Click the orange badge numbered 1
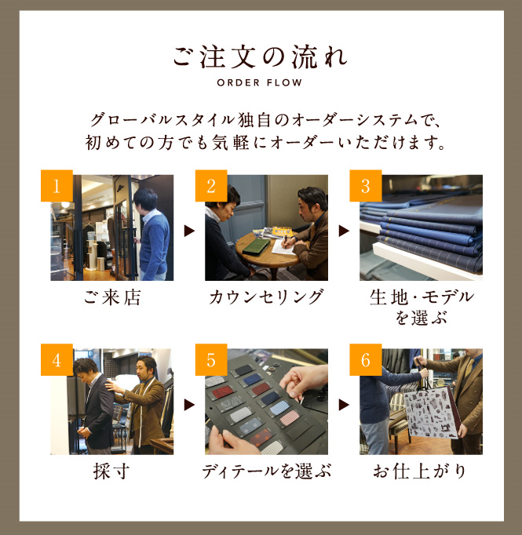click(x=57, y=186)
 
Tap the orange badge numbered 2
click(x=211, y=186)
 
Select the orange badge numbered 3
click(x=365, y=186)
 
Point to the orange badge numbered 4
click(x=57, y=359)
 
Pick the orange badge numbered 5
click(x=211, y=359)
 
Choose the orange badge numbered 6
click(x=365, y=359)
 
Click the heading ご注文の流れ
click(x=260, y=57)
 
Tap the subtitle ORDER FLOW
click(x=260, y=82)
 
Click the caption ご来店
click(x=112, y=297)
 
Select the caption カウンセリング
click(x=266, y=297)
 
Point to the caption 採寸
click(x=111, y=471)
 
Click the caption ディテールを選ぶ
click(x=267, y=471)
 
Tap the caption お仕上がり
click(x=420, y=471)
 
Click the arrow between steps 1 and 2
click(x=189, y=231)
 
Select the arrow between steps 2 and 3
click(x=344, y=231)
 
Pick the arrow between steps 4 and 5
click(x=189, y=405)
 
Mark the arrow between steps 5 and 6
click(x=344, y=405)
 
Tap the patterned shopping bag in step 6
click(x=431, y=412)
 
